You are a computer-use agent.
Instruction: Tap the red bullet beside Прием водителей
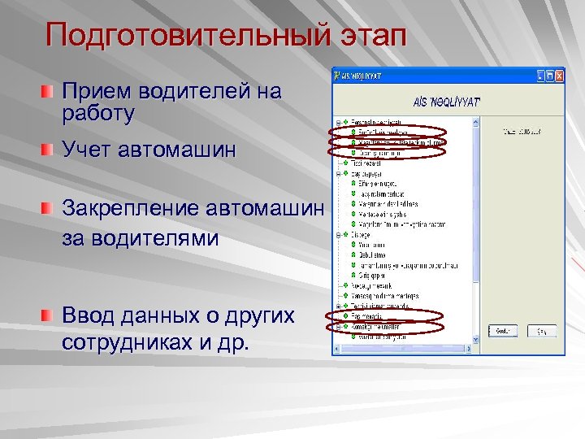click(x=50, y=89)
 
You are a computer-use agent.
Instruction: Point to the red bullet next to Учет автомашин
click(x=50, y=149)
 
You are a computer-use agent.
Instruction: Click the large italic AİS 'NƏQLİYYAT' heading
click(x=446, y=101)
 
